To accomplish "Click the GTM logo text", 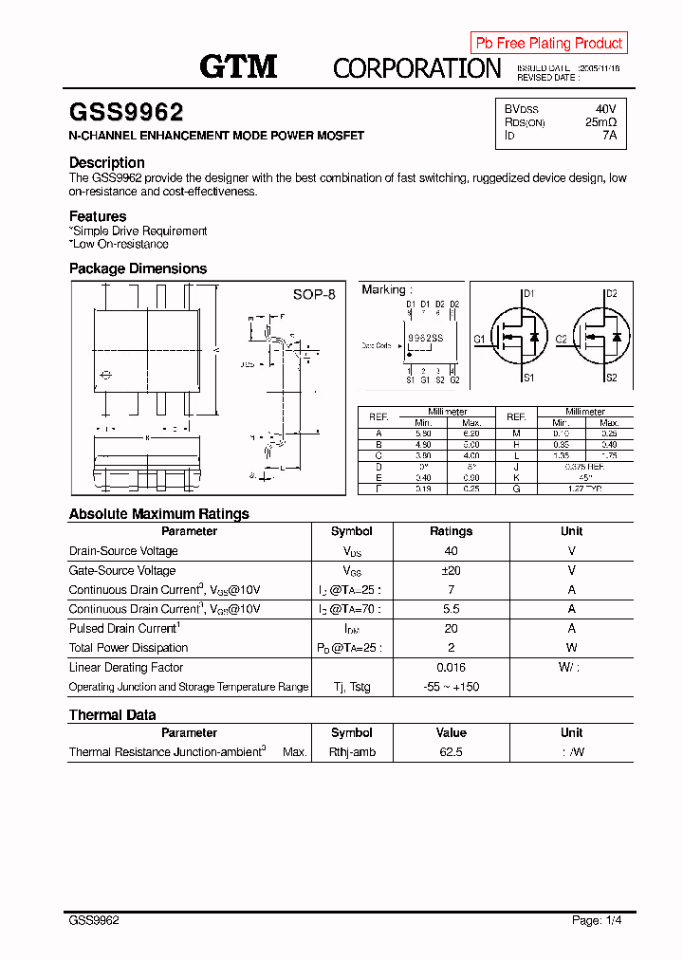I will tap(238, 65).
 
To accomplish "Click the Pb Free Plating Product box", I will tap(548, 43).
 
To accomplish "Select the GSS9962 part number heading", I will tap(126, 113).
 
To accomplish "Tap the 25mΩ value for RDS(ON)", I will tap(600, 122).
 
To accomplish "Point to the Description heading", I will tap(107, 162).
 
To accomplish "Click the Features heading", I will tap(98, 216).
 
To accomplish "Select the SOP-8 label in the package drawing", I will tap(313, 295).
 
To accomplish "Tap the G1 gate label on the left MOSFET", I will tap(480, 339).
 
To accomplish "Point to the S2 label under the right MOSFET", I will tap(611, 378).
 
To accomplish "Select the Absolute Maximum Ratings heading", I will tap(159, 513).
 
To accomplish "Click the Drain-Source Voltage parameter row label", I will tap(123, 551).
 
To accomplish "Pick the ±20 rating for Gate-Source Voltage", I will tap(451, 570).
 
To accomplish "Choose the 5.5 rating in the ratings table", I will tap(451, 609).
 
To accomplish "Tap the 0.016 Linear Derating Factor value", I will tap(451, 668).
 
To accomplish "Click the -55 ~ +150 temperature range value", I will tap(451, 687).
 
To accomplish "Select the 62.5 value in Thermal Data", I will tap(451, 752).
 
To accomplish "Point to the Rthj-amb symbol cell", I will tap(352, 752).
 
